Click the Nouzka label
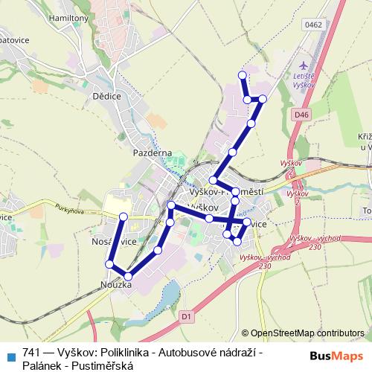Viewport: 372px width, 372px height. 115,285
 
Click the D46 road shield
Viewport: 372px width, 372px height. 300,115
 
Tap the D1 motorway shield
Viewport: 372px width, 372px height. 186,316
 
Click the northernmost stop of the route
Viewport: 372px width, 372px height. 241,74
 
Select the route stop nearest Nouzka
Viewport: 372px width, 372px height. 128,276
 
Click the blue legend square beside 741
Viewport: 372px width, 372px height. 10,355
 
